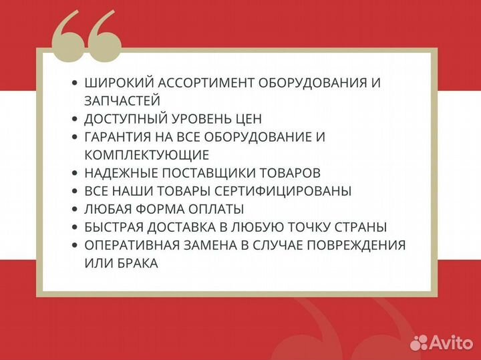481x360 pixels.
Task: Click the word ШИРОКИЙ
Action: pyautogui.click(x=118, y=83)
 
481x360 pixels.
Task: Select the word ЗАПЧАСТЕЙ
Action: pyautogui.click(x=122, y=101)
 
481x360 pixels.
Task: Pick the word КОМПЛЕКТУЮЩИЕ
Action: pyautogui.click(x=146, y=155)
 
